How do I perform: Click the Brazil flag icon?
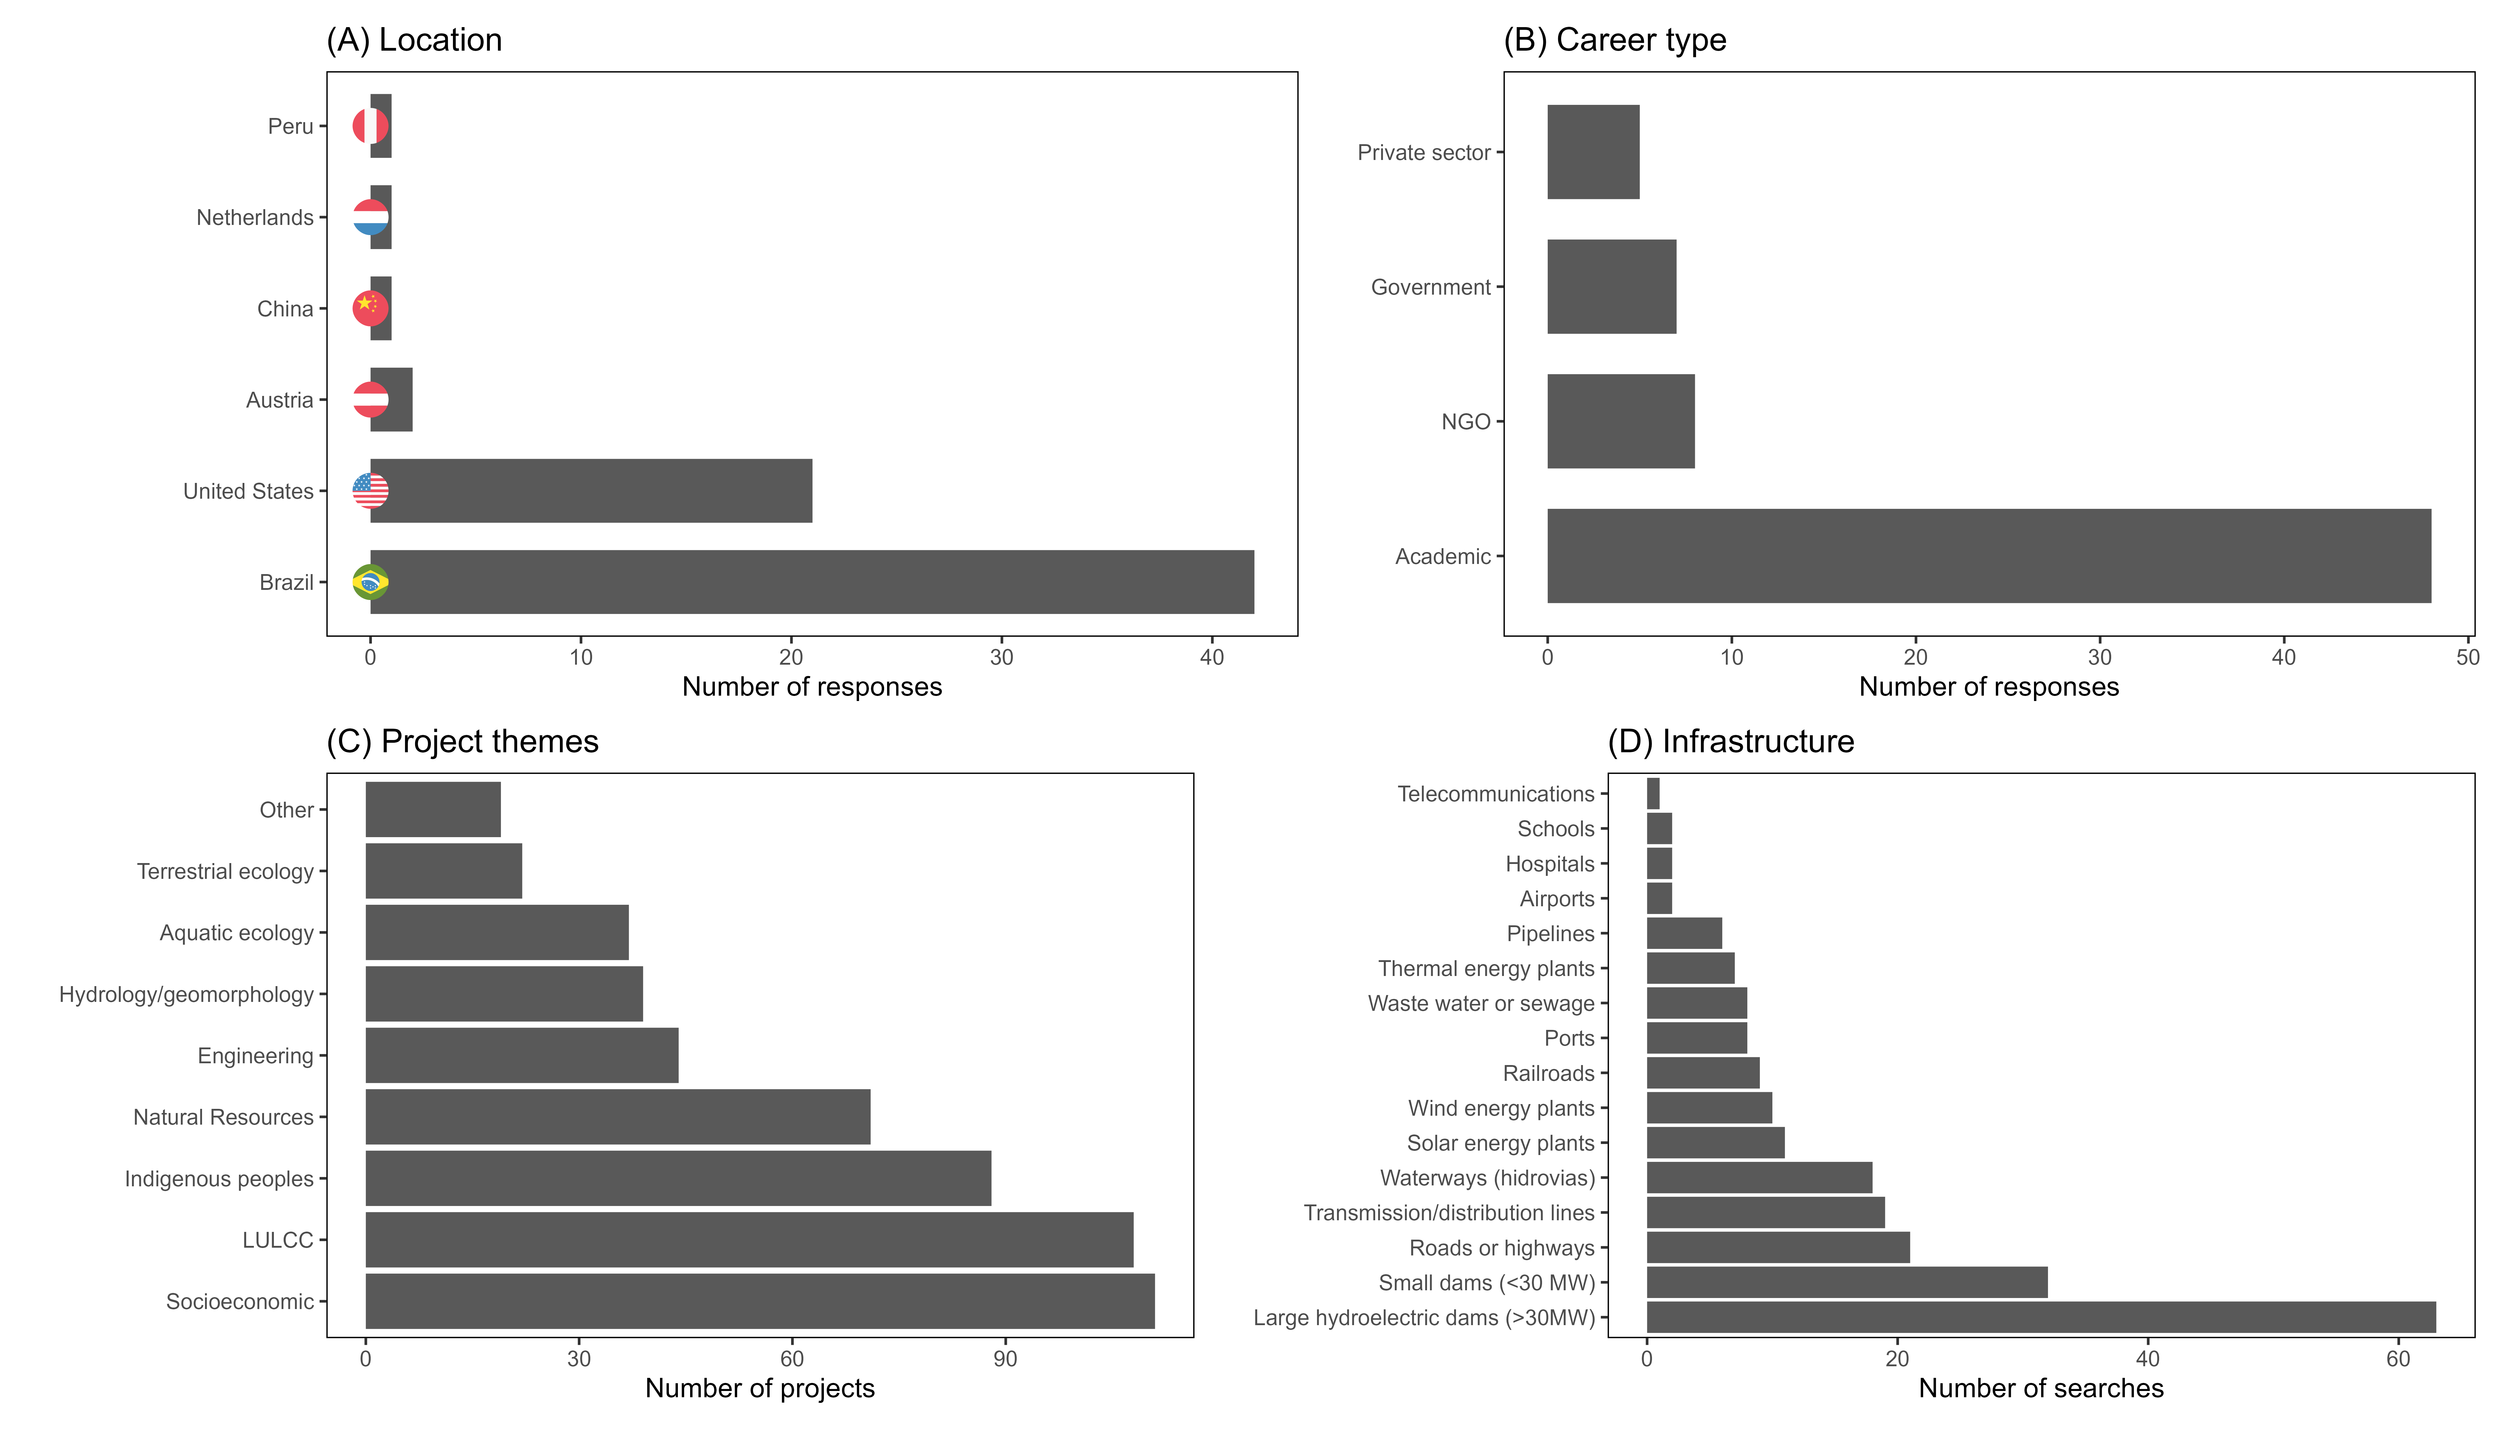tap(370, 582)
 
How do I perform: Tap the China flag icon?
tap(370, 308)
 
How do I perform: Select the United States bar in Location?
tap(591, 491)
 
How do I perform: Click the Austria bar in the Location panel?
tap(391, 400)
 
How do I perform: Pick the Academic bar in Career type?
tap(1989, 556)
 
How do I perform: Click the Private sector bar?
tap(1593, 152)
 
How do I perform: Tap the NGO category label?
tap(1466, 421)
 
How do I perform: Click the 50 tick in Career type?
tap(2468, 657)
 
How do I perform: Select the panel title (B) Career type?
tap(1615, 39)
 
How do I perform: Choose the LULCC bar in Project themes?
tap(749, 1239)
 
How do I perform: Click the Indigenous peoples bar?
tap(678, 1179)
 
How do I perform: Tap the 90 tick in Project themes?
tap(1005, 1359)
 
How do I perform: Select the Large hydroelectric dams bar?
tap(2041, 1317)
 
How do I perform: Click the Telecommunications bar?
tap(1653, 794)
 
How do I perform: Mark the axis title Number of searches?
tap(2041, 1388)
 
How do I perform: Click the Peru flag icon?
tap(370, 126)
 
